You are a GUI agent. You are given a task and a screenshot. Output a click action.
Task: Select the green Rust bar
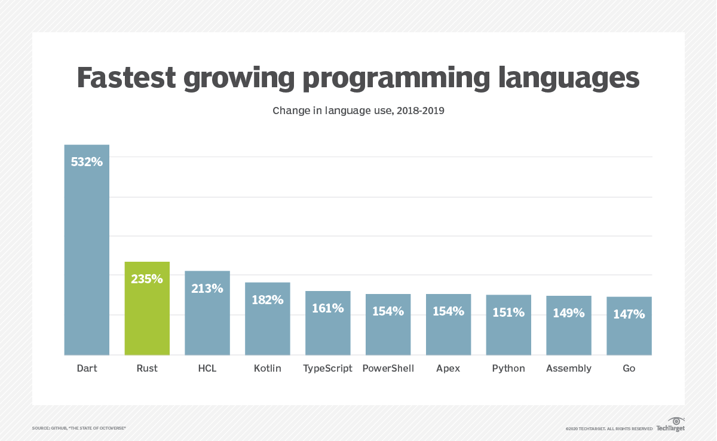click(x=147, y=317)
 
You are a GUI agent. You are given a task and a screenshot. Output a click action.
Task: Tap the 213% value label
click(x=207, y=289)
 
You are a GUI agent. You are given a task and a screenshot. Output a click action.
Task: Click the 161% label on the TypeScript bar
click(x=327, y=308)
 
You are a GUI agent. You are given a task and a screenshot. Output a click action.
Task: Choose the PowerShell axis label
click(x=388, y=368)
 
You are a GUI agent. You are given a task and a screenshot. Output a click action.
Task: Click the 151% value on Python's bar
click(x=508, y=312)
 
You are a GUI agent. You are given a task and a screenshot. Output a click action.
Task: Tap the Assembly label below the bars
click(x=568, y=368)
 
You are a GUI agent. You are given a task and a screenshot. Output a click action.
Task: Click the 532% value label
click(x=87, y=161)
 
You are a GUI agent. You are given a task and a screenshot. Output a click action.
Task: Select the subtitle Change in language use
click(x=358, y=111)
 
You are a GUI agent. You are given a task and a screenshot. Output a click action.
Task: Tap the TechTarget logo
click(x=671, y=424)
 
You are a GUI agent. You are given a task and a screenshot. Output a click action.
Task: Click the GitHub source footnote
click(x=79, y=428)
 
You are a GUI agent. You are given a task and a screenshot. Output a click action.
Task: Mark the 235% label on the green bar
click(x=147, y=278)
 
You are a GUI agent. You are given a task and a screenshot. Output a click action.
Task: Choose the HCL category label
click(x=207, y=368)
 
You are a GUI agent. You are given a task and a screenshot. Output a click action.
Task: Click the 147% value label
click(x=629, y=314)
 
